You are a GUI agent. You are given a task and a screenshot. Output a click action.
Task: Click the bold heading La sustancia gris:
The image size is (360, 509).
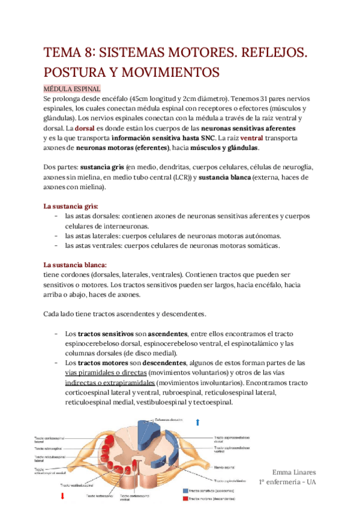(70, 206)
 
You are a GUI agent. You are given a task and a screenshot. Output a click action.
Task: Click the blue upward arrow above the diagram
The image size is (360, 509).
(198, 423)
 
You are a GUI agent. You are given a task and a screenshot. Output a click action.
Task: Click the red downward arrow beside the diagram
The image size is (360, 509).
(62, 496)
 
